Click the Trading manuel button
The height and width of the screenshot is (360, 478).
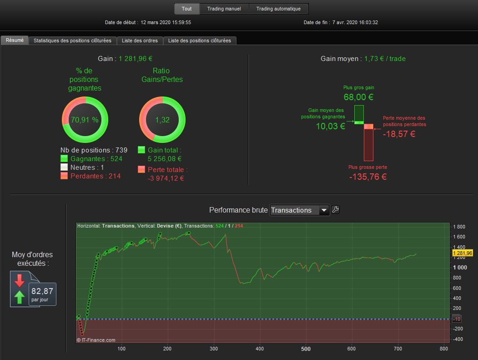[x=224, y=9]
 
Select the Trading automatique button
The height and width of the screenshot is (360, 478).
[x=278, y=9]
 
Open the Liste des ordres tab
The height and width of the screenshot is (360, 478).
[x=140, y=41]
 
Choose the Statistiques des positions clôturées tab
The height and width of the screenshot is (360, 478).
[x=72, y=41]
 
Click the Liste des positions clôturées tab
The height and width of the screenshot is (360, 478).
[x=199, y=41]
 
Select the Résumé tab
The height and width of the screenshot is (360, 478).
[x=15, y=40]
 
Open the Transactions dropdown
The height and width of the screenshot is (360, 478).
[x=299, y=210]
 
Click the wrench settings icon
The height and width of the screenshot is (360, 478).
[x=336, y=209]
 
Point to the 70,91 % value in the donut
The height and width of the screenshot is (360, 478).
[x=85, y=120]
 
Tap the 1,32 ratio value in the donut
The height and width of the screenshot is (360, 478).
[x=162, y=120]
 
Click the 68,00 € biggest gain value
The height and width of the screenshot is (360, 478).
[x=359, y=97]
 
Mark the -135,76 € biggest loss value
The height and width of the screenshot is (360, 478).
[x=368, y=177]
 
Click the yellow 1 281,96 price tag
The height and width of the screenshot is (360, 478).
[x=463, y=253]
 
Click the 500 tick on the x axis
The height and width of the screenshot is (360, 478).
[x=306, y=349]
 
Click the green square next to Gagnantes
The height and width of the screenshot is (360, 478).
[x=64, y=159]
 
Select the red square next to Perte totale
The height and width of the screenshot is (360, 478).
[x=141, y=170]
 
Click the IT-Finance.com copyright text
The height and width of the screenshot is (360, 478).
[x=96, y=340]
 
